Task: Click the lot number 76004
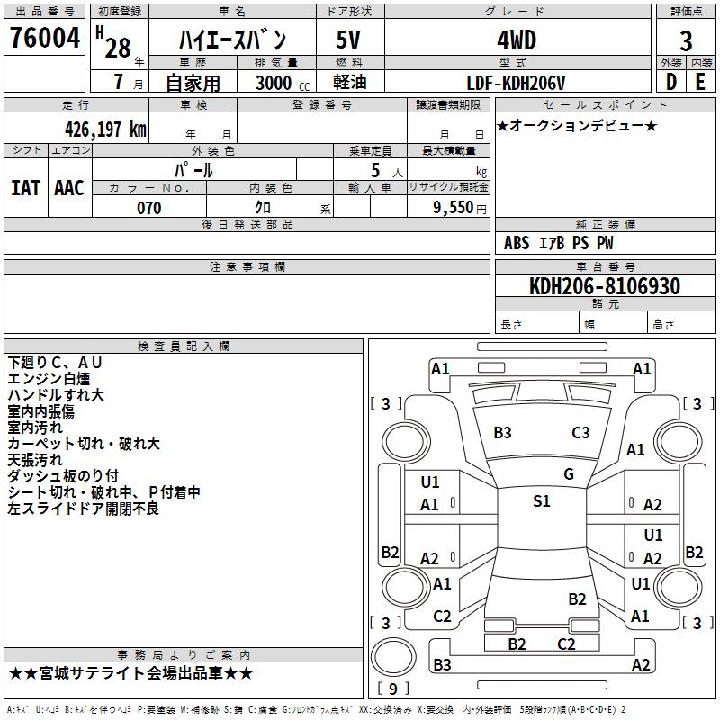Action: click(x=44, y=38)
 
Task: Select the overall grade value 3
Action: click(x=686, y=41)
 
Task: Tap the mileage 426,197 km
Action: click(x=105, y=130)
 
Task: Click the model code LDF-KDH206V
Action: click(x=516, y=83)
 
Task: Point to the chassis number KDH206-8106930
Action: click(x=605, y=286)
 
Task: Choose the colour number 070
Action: click(x=148, y=208)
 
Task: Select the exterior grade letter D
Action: click(x=671, y=82)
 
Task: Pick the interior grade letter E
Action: click(x=700, y=82)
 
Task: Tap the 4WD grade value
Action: click(x=517, y=40)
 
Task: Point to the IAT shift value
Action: click(x=25, y=188)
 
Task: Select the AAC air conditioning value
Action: click(x=69, y=188)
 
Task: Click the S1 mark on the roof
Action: click(x=542, y=501)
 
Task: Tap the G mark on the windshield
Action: click(x=569, y=474)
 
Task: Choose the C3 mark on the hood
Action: click(x=580, y=433)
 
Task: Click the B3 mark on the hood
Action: click(x=502, y=433)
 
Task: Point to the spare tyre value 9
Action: click(x=392, y=688)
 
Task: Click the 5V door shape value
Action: click(x=348, y=40)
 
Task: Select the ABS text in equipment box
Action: click(x=517, y=243)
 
